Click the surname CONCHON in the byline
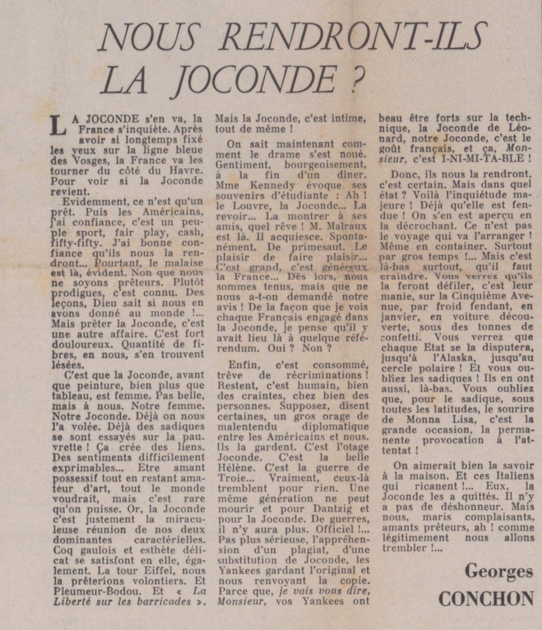pos(486,598)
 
